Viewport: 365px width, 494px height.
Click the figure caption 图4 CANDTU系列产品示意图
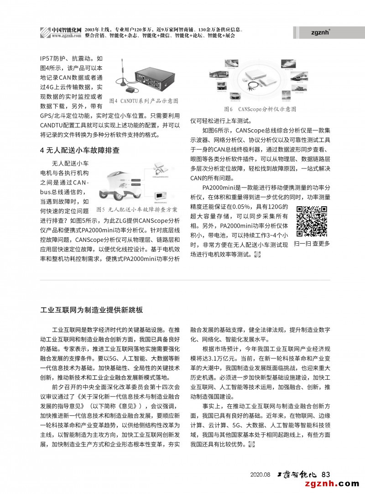click(x=144, y=100)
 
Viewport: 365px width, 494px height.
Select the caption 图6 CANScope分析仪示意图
click(x=260, y=109)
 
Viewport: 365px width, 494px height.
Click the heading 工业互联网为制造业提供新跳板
click(x=92, y=310)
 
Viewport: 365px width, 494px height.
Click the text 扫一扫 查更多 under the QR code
click(x=312, y=244)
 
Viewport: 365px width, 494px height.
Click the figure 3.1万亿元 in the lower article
click(x=215, y=358)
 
